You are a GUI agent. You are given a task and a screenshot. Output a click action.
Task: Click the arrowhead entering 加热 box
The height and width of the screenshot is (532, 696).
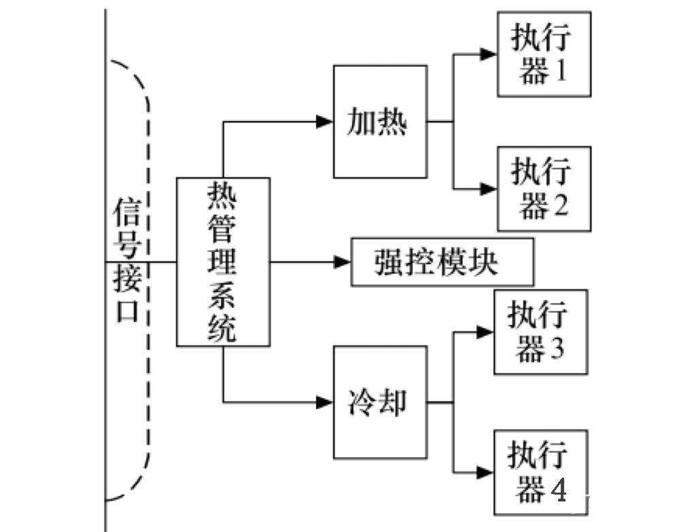tap(324, 122)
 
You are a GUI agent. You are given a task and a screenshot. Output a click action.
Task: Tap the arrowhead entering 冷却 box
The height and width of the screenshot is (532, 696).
tap(324, 402)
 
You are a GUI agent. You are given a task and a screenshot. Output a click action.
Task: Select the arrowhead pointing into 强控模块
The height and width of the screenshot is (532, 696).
tap(343, 262)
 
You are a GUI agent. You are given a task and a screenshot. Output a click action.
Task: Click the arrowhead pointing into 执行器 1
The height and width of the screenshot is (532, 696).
tap(489, 54)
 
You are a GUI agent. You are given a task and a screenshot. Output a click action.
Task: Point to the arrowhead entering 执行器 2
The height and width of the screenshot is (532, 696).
tap(489, 189)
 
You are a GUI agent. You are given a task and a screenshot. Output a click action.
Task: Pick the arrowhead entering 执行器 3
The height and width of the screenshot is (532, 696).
tap(485, 332)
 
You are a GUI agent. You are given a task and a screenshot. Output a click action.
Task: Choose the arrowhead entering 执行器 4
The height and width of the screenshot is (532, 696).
tap(485, 472)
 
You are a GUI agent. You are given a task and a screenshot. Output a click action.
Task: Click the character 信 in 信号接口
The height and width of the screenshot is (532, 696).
tap(127, 213)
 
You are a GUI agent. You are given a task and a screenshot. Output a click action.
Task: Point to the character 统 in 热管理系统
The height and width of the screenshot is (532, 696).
tap(222, 329)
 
